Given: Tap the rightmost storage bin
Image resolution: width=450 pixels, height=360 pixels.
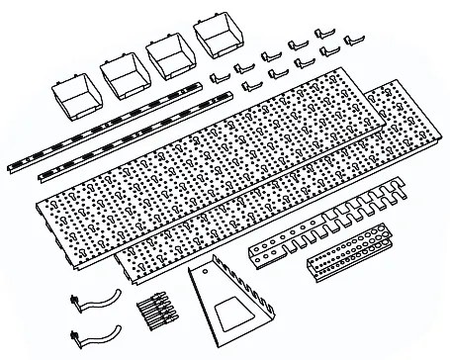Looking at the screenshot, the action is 217,39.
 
